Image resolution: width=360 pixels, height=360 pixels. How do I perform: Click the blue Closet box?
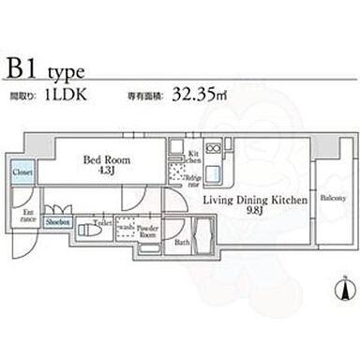click(x=22, y=173)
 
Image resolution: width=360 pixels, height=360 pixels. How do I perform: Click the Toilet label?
click(x=102, y=224)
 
